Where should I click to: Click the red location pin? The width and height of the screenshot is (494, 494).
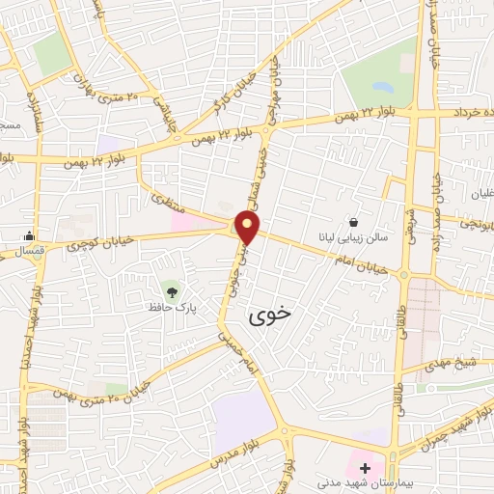[x=249, y=228]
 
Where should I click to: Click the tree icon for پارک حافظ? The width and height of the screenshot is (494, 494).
[x=172, y=288]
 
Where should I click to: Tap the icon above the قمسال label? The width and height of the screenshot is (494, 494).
[x=31, y=235]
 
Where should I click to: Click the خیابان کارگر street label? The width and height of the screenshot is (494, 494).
[x=255, y=84]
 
